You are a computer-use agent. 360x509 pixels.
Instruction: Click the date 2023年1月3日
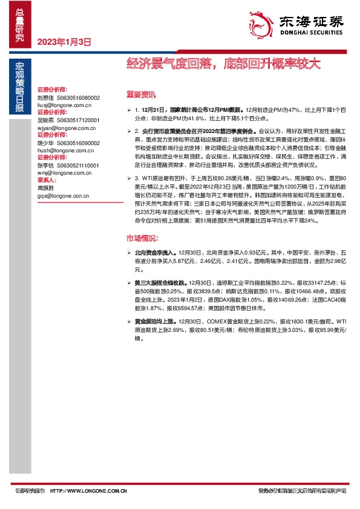pyautogui.click(x=64, y=42)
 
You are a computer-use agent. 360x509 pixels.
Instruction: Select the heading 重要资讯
pyautogui.click(x=140, y=94)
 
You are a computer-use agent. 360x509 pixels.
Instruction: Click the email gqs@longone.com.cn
pyautogui.click(x=63, y=196)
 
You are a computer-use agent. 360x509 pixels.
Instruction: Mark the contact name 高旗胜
pyautogui.click(x=45, y=188)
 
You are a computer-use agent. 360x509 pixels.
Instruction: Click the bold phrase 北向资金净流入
pyautogui.click(x=150, y=250)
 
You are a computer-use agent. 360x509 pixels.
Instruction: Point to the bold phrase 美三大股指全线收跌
pyautogui.click(x=154, y=282)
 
